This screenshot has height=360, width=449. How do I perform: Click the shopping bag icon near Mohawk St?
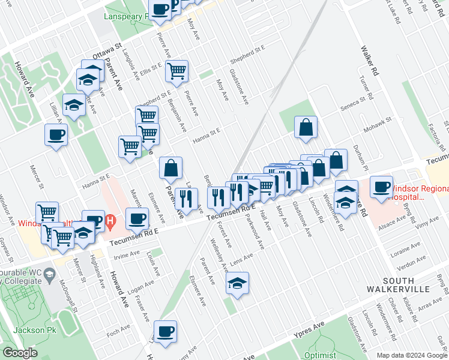click(x=306, y=127)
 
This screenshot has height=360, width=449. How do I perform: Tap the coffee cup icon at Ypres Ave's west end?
click(x=165, y=331)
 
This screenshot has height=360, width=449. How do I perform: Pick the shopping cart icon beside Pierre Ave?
click(x=177, y=71)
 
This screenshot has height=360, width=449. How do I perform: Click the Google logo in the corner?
click(x=20, y=353)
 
